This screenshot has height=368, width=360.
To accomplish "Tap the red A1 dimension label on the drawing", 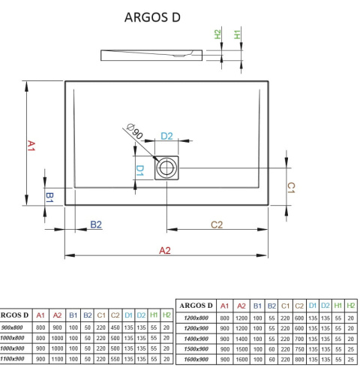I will [31, 144].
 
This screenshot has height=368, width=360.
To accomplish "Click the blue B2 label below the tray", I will [96, 224].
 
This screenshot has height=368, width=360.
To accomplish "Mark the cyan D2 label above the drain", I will [167, 136].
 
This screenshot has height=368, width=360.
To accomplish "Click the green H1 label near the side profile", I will [237, 35].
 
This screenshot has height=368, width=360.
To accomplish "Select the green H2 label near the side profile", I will [217, 35].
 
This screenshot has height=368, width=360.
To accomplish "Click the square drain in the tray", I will [166, 168].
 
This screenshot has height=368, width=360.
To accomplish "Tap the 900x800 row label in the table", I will [14, 328].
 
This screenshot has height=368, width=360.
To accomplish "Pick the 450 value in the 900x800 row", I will [115, 328].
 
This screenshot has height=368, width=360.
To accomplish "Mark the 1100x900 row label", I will [14, 360].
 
